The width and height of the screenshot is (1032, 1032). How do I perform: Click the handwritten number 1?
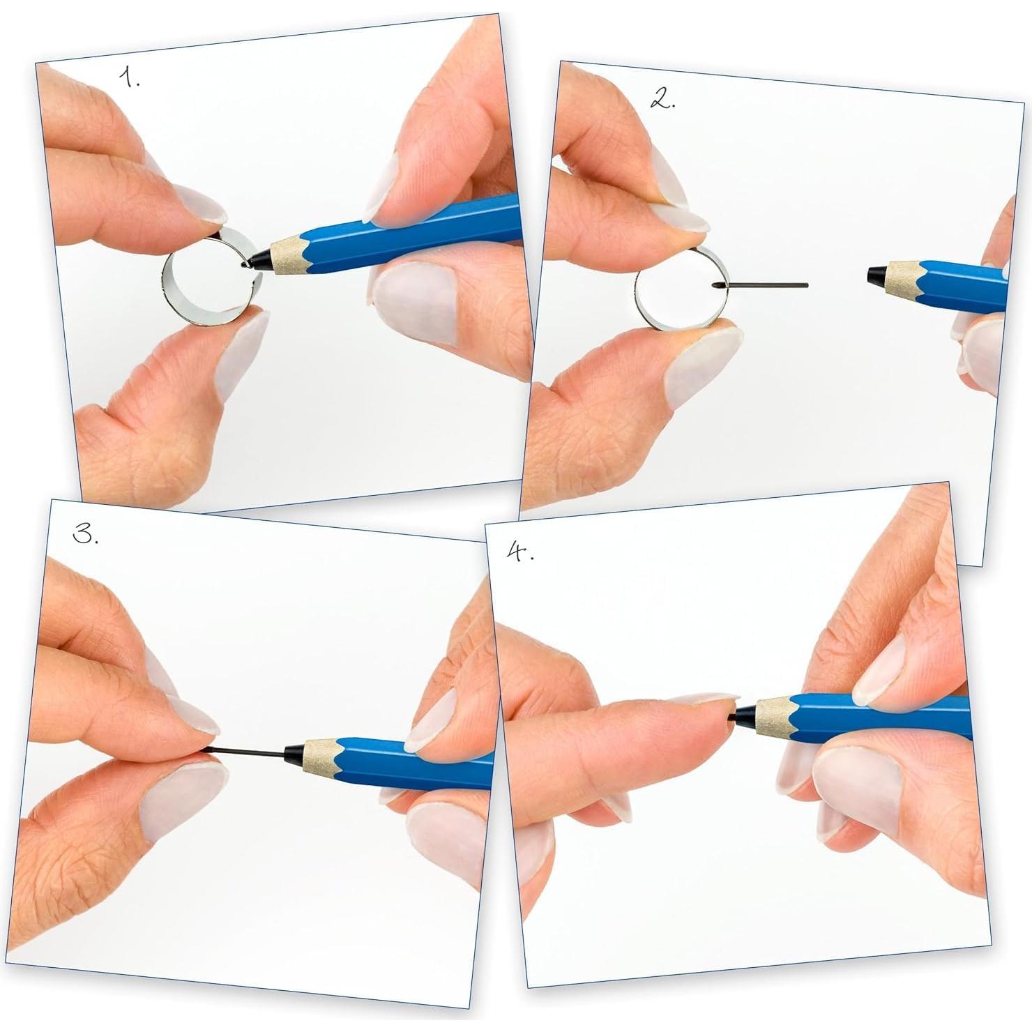click(128, 78)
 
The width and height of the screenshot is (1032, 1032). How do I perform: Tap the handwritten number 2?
click(662, 100)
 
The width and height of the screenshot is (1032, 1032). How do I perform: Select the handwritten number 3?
click(85, 535)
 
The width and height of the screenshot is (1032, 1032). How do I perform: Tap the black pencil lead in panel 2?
click(767, 285)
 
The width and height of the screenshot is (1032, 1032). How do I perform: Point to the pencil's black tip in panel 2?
click(876, 274)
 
